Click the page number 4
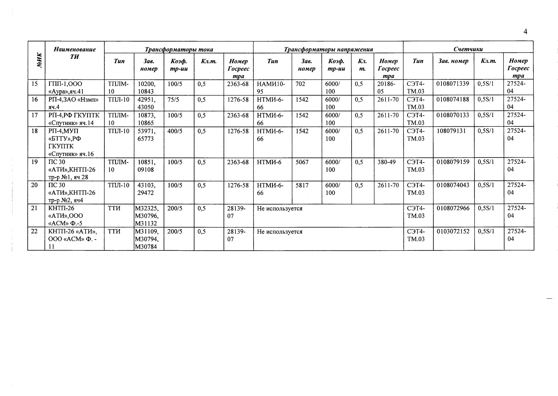525,32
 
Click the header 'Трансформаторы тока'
179,49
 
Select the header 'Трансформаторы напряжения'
328,49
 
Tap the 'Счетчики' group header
468,49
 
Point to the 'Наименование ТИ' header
75,53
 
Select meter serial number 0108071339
453,84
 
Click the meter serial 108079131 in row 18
451,131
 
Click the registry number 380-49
386,162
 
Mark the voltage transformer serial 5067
302,162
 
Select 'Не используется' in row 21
280,208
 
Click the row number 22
34,231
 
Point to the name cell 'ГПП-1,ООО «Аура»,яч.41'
66,88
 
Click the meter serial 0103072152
453,231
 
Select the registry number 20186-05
386,88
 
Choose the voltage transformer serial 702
300,84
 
